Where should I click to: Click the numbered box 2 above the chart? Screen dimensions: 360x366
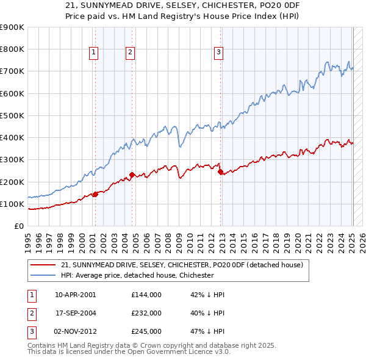(131, 53)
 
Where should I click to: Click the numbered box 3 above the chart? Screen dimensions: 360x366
(218, 53)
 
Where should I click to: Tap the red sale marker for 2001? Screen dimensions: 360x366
(95, 195)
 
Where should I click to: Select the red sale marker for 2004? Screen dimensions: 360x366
(132, 175)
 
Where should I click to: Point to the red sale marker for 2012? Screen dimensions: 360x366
(220, 172)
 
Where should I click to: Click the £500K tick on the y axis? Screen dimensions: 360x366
(13, 115)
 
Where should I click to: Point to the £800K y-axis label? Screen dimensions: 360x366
(13, 49)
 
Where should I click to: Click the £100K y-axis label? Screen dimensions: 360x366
(13, 204)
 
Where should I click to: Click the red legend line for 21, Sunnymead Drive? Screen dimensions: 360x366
(42, 265)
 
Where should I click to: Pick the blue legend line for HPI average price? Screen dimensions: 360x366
(42, 275)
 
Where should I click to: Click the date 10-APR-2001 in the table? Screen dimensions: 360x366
(75, 295)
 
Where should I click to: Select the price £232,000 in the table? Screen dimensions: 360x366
(146, 313)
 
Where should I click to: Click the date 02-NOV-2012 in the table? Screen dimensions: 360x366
(76, 331)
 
